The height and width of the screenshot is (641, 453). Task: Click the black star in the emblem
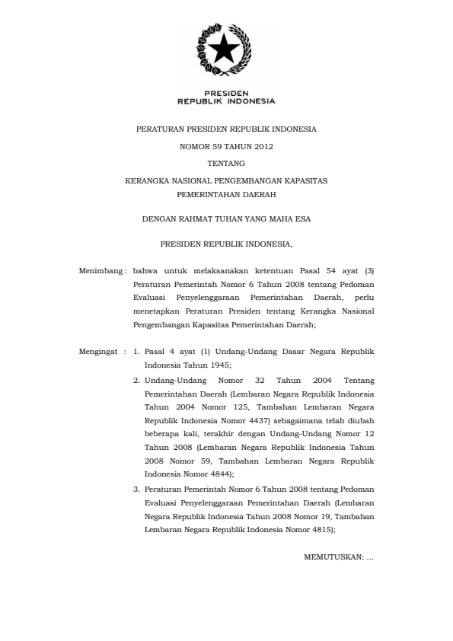225,51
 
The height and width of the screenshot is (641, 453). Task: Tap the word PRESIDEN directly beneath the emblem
225,93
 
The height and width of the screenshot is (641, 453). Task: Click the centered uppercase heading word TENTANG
225,162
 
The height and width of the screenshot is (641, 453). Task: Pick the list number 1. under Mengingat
136,352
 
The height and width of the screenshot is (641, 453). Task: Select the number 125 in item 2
235,406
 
